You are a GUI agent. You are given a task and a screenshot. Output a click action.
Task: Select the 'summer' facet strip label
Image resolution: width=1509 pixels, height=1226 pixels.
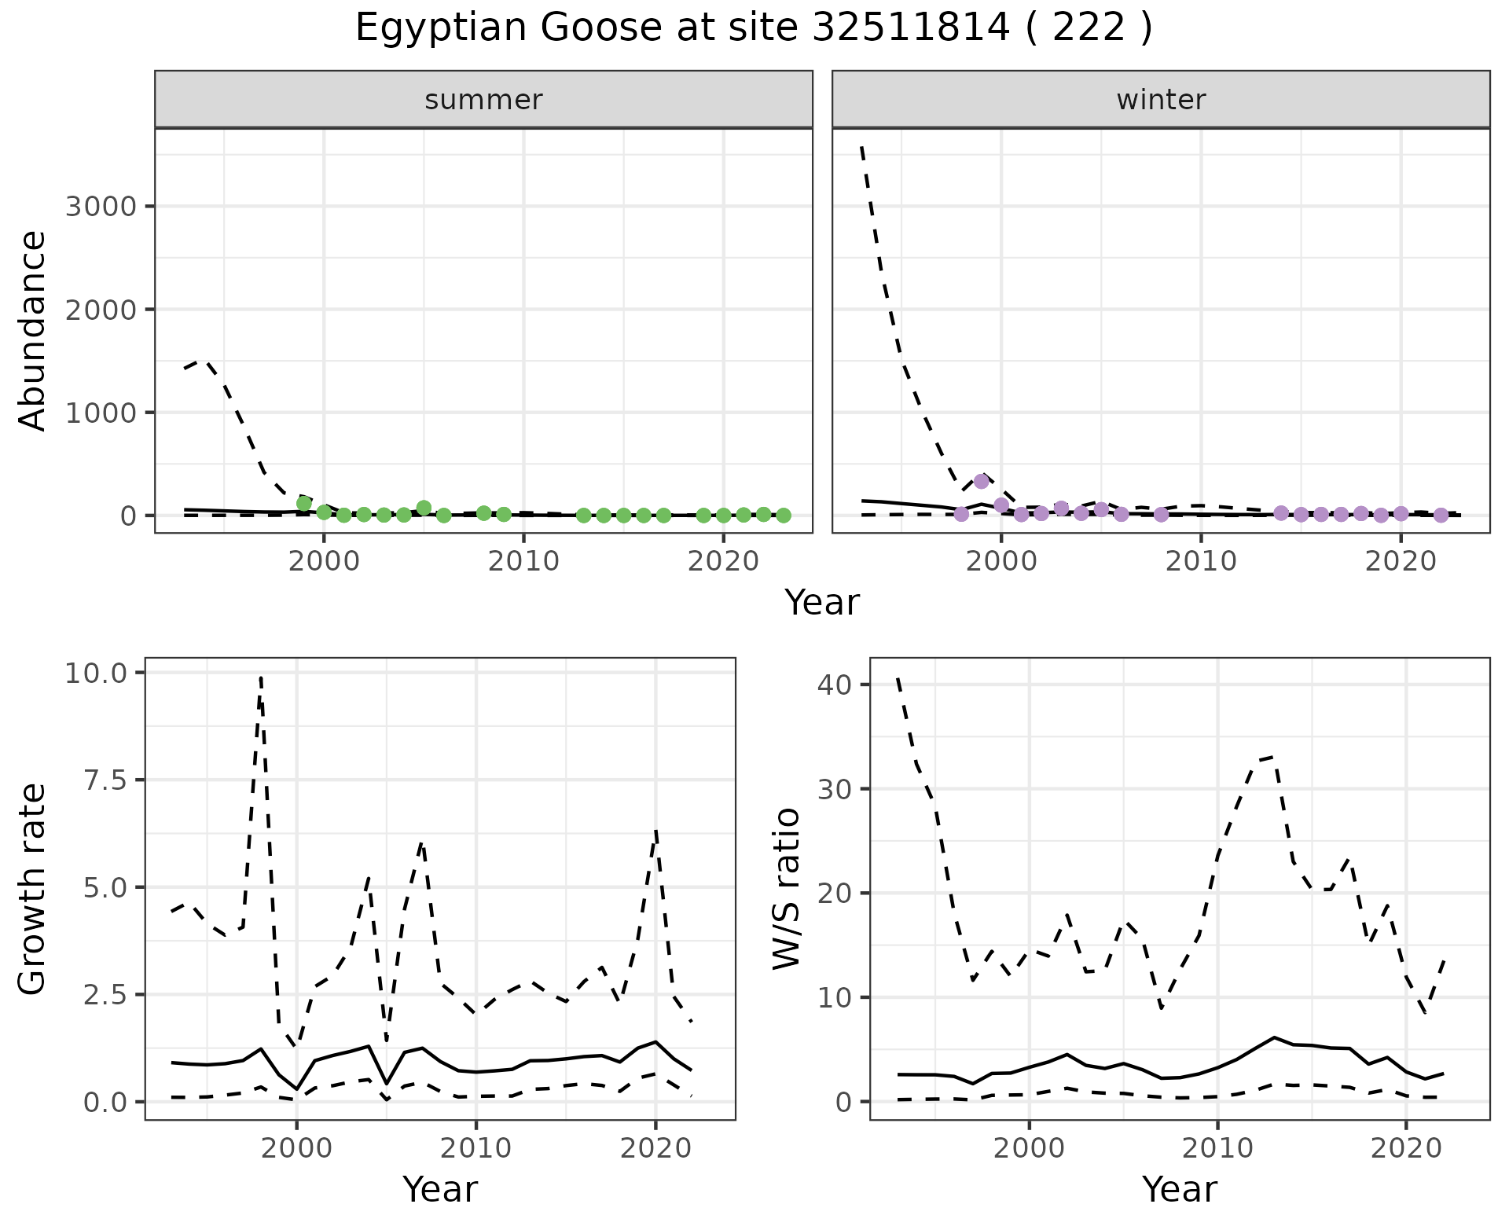point(483,100)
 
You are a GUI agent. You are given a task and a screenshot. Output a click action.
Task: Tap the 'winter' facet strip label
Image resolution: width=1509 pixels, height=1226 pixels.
point(1161,100)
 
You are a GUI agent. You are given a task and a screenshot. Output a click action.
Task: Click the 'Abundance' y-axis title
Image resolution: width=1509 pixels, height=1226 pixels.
point(33,330)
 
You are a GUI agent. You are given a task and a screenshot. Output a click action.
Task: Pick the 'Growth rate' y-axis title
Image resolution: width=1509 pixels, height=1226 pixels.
point(33,888)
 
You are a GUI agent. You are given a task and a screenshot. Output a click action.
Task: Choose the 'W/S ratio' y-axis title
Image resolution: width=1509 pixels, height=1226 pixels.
point(786,888)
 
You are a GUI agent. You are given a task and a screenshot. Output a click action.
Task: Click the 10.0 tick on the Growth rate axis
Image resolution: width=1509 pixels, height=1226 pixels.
point(102,673)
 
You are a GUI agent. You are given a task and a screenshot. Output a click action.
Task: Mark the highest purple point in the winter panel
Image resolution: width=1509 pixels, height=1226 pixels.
point(981,481)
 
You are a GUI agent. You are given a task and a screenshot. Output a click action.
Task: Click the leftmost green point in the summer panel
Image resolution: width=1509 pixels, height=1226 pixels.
point(304,503)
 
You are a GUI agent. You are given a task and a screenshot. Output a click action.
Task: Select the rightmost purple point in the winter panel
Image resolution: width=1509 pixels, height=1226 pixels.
point(1441,515)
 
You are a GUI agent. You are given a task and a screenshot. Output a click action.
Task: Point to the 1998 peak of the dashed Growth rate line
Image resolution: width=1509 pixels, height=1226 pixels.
point(260,677)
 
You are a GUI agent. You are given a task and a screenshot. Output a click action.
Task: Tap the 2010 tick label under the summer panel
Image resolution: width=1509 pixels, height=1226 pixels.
point(523,562)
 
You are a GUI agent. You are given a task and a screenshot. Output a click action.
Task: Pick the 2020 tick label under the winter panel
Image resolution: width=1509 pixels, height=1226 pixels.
point(1401,562)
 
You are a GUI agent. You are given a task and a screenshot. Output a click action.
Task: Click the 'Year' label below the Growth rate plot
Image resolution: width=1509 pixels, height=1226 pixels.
point(440,1189)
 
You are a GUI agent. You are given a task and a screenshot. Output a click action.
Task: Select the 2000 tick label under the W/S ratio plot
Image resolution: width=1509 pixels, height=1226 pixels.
point(1029,1149)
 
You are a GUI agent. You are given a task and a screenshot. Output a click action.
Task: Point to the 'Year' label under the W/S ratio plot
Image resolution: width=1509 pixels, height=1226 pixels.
point(1180,1189)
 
